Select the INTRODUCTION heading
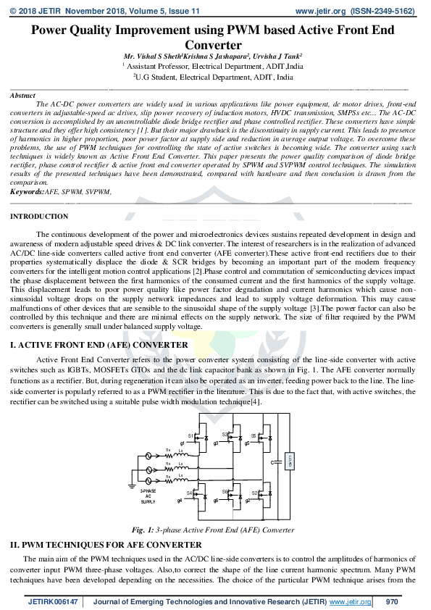tap(39, 217)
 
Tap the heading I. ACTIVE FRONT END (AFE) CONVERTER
tap(95, 346)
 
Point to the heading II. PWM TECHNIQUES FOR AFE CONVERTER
tap(105, 544)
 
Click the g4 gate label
tap(179, 500)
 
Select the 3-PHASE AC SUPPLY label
tap(148, 496)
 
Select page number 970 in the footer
tap(392, 602)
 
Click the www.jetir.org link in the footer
tap(351, 602)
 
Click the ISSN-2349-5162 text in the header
tap(384, 12)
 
